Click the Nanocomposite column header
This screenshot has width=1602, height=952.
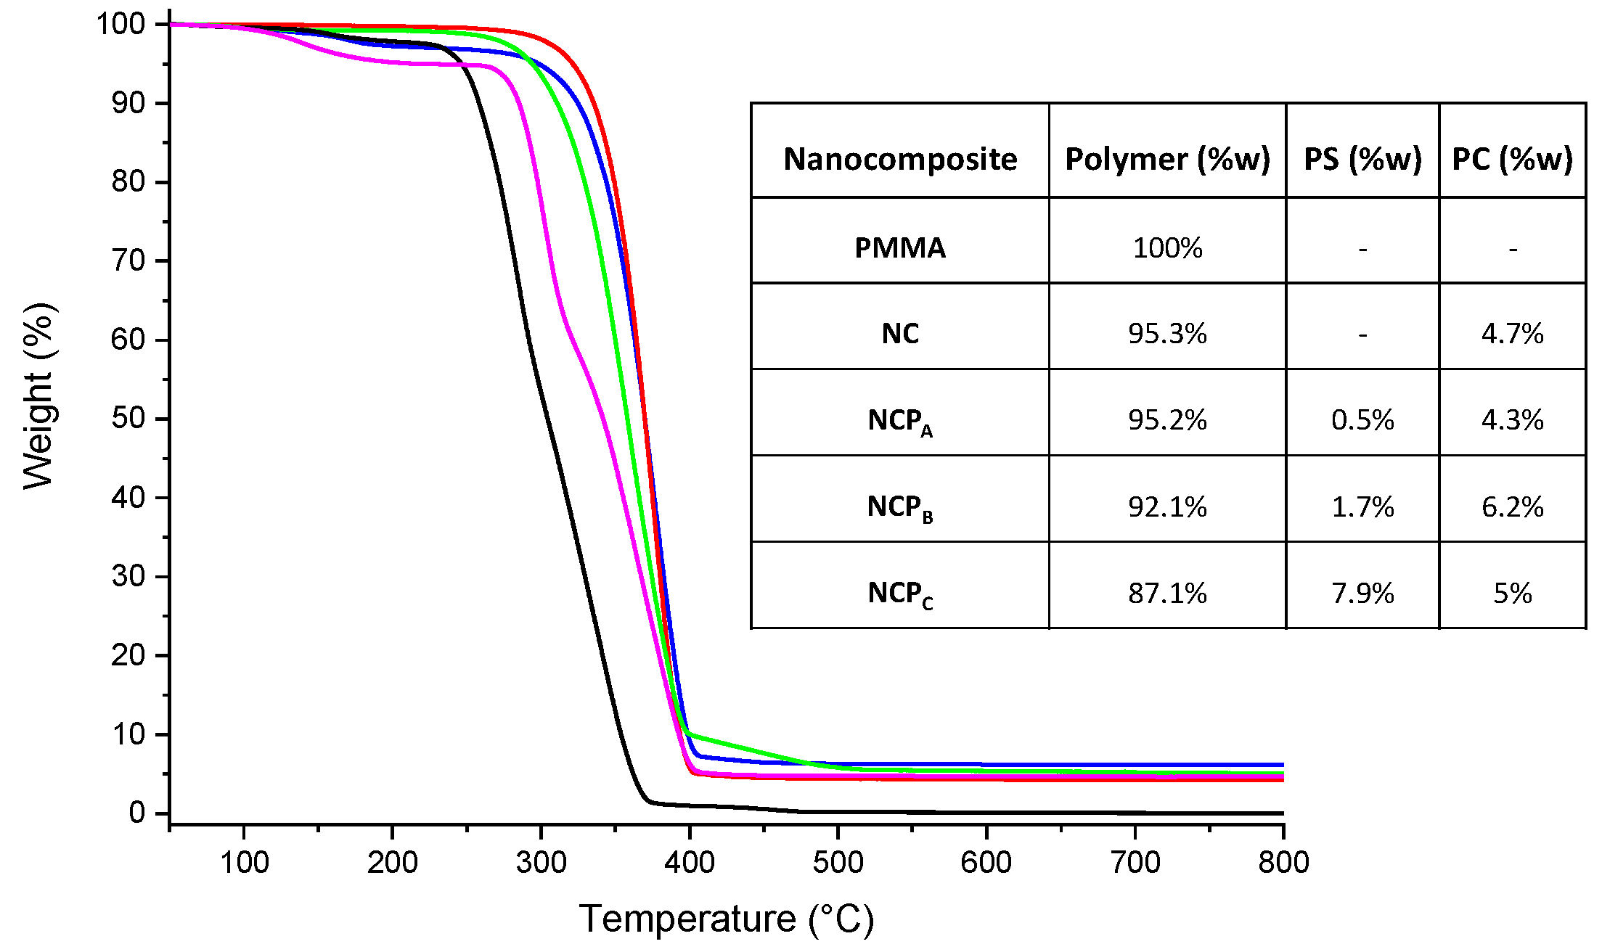click(x=900, y=159)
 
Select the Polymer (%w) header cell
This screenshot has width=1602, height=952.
click(x=1167, y=159)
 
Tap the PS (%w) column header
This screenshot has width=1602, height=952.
click(x=1362, y=159)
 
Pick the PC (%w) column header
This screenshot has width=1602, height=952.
click(x=1512, y=159)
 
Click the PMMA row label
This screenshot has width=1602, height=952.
click(x=900, y=248)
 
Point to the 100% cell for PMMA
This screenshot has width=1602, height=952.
click(x=1167, y=248)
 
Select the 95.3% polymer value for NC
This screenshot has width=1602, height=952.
click(x=1167, y=334)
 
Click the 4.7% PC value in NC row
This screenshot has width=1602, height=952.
click(x=1512, y=334)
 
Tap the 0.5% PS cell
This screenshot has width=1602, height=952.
click(x=1362, y=420)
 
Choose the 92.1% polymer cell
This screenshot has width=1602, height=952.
click(x=1167, y=506)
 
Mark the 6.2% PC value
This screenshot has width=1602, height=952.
click(x=1512, y=506)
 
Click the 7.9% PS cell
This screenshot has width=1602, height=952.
click(x=1362, y=593)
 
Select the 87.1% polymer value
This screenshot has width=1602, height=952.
click(x=1167, y=593)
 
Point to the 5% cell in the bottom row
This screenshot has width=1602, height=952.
click(x=1512, y=593)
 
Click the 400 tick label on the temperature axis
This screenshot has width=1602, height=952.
click(x=689, y=863)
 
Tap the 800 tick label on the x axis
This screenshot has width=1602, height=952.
click(x=1283, y=863)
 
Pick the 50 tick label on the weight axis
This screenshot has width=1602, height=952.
click(x=128, y=419)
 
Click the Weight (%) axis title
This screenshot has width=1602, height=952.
click(x=39, y=396)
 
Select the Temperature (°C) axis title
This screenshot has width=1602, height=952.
click(x=726, y=919)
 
